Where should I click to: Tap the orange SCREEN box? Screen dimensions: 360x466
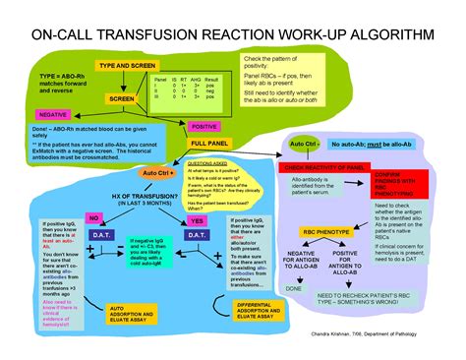(122, 99)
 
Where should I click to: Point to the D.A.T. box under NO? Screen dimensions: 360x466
(95, 235)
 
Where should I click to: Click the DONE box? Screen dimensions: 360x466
(293, 288)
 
